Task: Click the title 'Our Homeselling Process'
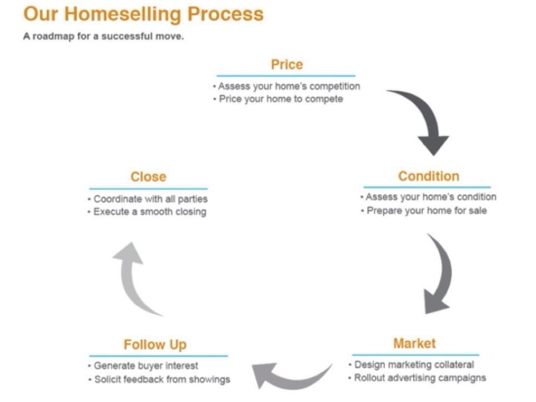tap(143, 14)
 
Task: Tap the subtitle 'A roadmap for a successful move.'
tap(104, 38)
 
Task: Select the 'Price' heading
tap(286, 65)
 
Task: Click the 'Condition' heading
tap(428, 176)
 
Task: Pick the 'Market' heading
tap(414, 344)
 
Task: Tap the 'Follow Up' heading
tap(155, 345)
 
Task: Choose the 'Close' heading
tap(148, 177)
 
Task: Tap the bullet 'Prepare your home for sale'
tap(426, 210)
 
